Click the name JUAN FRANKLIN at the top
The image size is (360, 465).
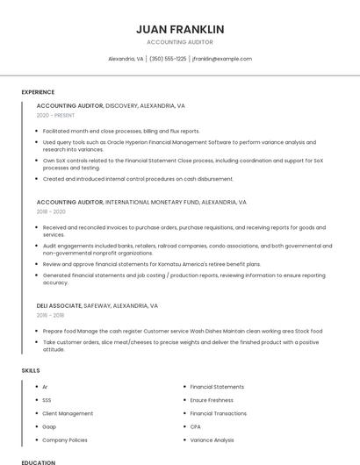click(180, 29)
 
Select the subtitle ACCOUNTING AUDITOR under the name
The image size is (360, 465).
click(180, 42)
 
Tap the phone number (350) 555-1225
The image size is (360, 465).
click(168, 59)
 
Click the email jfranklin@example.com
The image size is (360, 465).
click(222, 59)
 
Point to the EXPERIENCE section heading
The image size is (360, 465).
click(38, 92)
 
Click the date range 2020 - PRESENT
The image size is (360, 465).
click(55, 115)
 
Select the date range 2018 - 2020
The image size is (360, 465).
click(51, 211)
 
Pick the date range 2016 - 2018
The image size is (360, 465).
click(50, 315)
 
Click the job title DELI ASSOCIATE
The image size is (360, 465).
click(59, 305)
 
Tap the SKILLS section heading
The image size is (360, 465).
click(31, 371)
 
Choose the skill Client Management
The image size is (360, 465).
click(68, 413)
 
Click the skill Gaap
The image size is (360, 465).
click(49, 426)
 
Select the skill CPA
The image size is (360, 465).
click(196, 426)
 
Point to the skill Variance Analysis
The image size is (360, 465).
click(212, 440)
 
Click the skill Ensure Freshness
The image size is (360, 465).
click(212, 400)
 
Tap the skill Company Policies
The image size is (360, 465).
click(65, 440)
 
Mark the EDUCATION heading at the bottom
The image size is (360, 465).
click(38, 461)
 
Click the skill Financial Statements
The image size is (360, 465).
click(217, 387)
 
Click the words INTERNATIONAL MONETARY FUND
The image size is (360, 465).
click(151, 202)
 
